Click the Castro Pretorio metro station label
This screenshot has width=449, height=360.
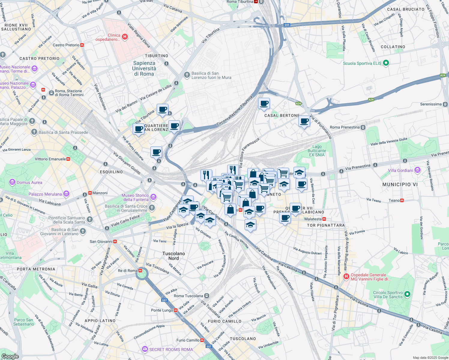click(66, 45)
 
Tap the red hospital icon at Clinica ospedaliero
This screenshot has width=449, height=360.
click(125, 37)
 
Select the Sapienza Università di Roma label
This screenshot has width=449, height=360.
click(144, 68)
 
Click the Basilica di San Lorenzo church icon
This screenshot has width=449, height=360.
click(187, 74)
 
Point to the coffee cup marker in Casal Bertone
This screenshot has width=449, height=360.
click(264, 104)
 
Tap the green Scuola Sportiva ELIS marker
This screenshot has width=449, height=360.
click(386, 63)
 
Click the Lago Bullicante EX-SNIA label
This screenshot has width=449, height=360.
click(317, 151)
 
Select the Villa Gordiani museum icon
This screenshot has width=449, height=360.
click(417, 170)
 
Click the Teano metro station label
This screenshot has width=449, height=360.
click(394, 200)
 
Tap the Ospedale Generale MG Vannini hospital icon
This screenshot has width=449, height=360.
click(346, 276)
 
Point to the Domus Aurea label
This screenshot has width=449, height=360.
click(29, 182)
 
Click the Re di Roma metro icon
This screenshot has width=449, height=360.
click(140, 270)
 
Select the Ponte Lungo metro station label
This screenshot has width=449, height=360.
click(162, 310)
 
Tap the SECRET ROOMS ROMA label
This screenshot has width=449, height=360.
click(171, 349)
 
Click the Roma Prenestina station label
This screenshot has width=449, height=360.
click(344, 127)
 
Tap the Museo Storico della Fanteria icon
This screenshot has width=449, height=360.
click(153, 197)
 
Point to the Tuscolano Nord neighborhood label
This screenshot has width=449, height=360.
click(173, 256)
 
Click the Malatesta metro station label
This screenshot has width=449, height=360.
click(313, 219)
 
